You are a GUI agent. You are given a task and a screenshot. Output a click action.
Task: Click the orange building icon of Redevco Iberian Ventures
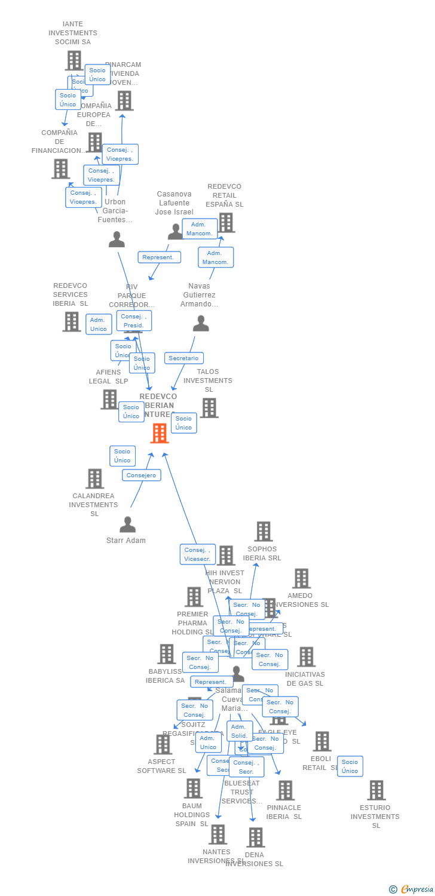click(160, 433)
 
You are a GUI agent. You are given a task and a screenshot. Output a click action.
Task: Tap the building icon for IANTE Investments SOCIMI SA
click(73, 60)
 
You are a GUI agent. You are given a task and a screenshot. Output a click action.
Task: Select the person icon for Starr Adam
click(127, 524)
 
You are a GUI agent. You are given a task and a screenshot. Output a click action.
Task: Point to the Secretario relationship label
click(183, 358)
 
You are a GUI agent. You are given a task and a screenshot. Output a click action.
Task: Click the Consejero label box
click(142, 475)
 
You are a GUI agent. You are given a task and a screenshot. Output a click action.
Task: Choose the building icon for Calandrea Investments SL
click(94, 478)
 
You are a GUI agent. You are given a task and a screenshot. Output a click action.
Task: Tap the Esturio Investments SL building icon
click(376, 790)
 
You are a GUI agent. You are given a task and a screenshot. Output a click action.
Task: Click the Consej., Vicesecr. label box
click(197, 554)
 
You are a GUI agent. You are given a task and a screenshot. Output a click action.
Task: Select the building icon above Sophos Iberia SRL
click(263, 531)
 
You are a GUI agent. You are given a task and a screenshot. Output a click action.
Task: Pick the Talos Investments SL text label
click(208, 381)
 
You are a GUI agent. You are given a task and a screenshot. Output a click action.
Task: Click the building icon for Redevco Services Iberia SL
click(72, 321)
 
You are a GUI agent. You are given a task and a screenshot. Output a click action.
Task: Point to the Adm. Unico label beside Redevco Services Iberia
click(99, 324)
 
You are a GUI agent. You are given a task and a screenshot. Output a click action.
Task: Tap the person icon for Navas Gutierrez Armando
click(201, 324)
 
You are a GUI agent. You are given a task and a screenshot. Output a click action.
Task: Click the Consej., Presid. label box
click(134, 321)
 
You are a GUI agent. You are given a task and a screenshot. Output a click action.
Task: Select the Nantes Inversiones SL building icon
click(217, 834)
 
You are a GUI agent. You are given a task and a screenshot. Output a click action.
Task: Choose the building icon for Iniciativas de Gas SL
click(306, 656)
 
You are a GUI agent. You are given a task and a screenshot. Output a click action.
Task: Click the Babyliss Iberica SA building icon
click(167, 654)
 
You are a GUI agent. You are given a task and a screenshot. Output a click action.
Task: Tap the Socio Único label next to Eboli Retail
click(350, 766)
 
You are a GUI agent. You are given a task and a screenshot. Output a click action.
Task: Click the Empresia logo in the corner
click(412, 889)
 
